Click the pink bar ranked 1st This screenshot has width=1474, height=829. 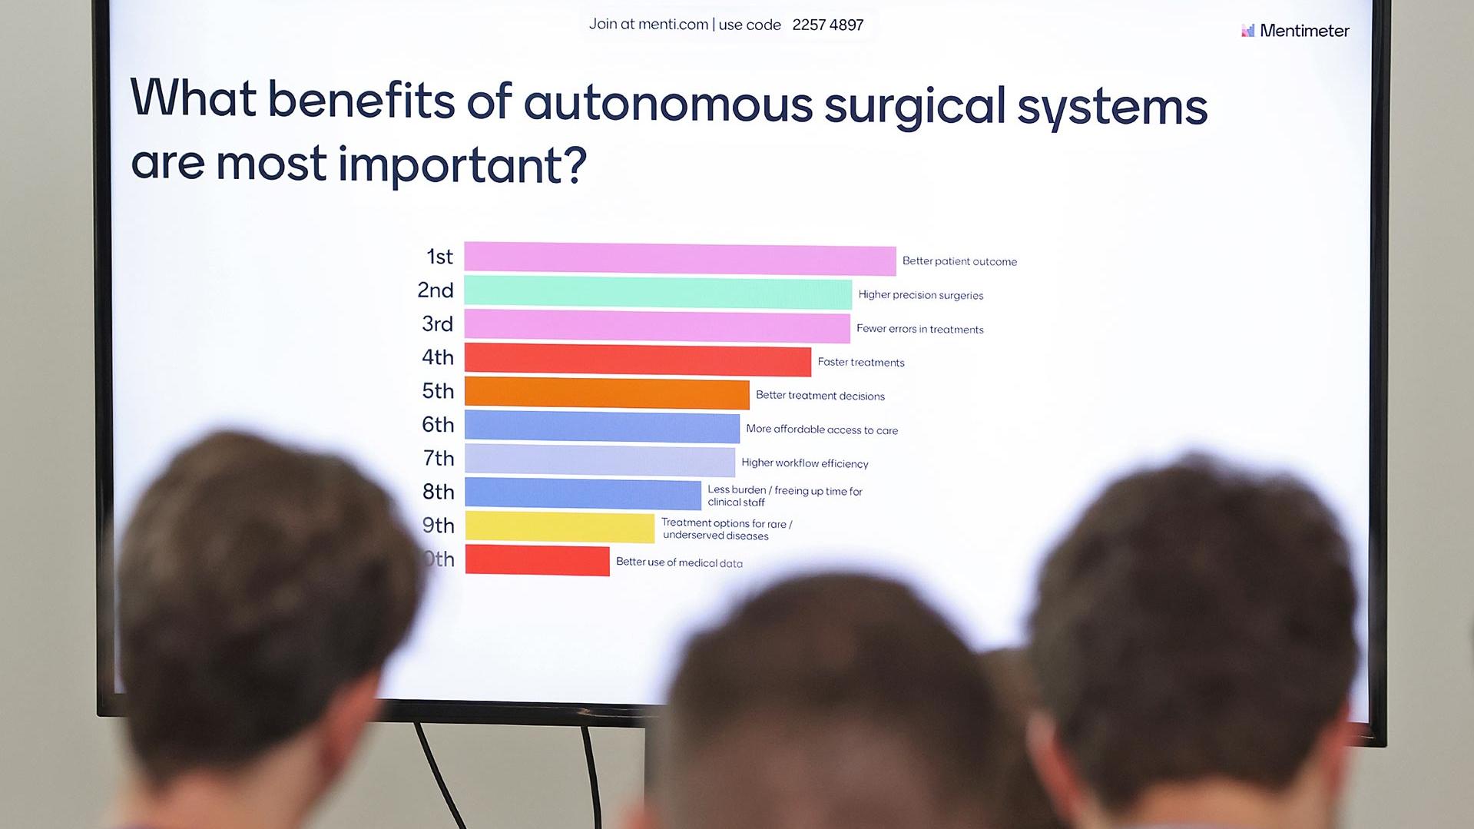pos(680,259)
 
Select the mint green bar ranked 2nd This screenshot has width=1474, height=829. pos(658,293)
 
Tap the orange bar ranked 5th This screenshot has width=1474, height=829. pos(607,393)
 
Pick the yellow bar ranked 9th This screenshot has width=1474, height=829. pos(560,527)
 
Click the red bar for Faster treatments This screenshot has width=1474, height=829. pos(638,360)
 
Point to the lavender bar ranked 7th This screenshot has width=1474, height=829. pos(600,460)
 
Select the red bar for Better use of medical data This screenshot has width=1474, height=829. pos(538,560)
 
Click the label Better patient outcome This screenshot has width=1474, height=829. pos(959,261)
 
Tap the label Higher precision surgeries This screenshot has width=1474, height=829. pos(921,295)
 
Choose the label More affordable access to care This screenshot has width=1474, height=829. pos(822,429)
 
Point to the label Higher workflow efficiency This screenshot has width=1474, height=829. pos(805,463)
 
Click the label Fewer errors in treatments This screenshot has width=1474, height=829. pos(920,329)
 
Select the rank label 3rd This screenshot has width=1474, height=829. pos(438,324)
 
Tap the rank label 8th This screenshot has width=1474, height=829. pos(439,492)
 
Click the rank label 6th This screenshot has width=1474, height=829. pos(438,425)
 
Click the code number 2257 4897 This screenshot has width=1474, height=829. pos(828,25)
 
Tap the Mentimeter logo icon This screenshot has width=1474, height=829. pos(1248,30)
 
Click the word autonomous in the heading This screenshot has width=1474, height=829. pos(667,104)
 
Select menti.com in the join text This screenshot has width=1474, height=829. pos(674,25)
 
